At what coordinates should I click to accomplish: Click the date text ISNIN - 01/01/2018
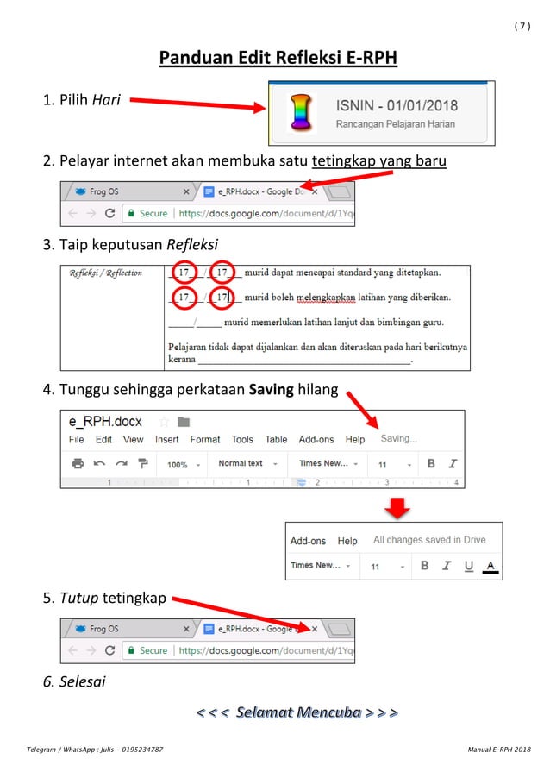(x=397, y=106)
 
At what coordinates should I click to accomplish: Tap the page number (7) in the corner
(x=522, y=26)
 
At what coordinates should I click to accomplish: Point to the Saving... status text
(x=398, y=439)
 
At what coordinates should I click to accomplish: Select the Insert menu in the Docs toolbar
(x=166, y=440)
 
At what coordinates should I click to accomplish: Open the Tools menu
(x=242, y=440)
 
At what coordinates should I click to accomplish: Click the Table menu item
(x=276, y=440)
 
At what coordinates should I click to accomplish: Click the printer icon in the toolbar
(x=78, y=464)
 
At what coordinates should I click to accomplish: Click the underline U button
(x=468, y=566)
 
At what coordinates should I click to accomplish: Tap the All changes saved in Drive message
(x=429, y=540)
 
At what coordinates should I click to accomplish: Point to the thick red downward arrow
(x=396, y=508)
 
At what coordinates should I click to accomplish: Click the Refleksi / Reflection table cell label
(x=106, y=273)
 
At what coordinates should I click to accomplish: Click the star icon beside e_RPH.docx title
(x=163, y=422)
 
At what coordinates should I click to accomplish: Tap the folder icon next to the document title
(x=183, y=422)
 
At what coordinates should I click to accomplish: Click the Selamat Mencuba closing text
(x=297, y=712)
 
